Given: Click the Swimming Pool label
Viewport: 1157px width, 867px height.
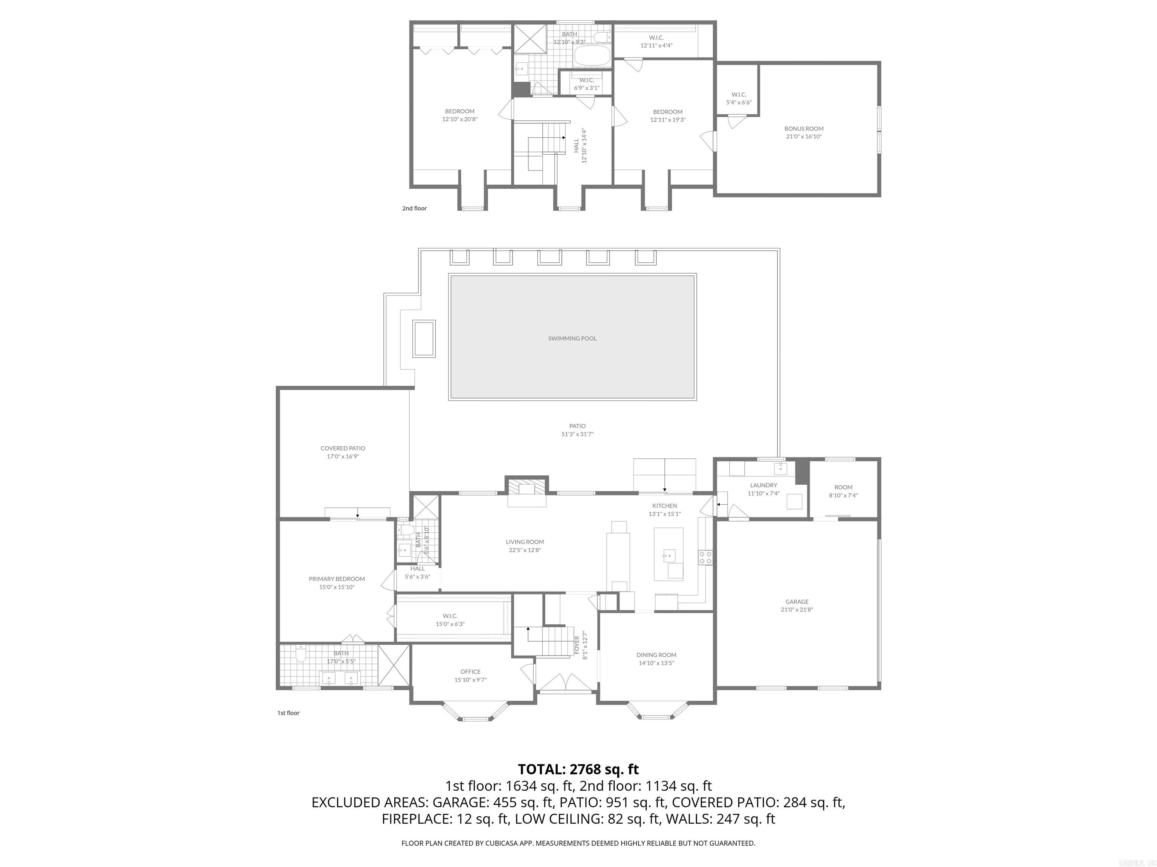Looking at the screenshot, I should coord(572,338).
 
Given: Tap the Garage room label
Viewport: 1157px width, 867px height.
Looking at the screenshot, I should coord(797,601).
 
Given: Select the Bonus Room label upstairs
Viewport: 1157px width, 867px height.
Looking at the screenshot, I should coord(803,129).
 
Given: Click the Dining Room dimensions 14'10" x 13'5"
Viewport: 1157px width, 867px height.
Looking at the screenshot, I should coord(656,663).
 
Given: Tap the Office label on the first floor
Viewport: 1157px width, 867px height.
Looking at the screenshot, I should coord(470,672).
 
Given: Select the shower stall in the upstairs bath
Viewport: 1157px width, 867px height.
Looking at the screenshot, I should coord(529,39).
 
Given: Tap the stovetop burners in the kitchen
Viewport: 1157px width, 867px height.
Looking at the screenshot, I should coord(705,557).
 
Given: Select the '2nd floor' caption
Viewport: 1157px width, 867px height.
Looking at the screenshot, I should coord(414,208).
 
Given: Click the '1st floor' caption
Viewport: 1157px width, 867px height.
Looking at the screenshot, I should coord(288,713).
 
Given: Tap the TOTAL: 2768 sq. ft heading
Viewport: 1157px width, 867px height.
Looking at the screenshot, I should coord(578,769).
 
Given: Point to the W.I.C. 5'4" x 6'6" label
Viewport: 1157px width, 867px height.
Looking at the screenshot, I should coord(739,98).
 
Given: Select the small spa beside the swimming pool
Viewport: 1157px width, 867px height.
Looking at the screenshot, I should coord(424,339).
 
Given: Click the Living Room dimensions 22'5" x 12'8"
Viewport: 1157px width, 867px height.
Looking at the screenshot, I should coord(525,550).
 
